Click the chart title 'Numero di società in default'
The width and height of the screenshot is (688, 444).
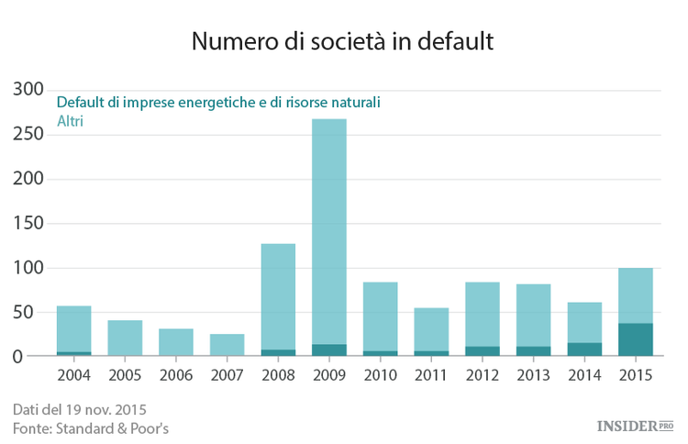tap(343, 42)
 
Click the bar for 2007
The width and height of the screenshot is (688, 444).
tap(227, 345)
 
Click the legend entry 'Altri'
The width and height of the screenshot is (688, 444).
tap(70, 120)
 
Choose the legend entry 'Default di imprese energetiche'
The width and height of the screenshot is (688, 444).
tap(218, 102)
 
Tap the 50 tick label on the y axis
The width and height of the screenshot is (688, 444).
tap(33, 312)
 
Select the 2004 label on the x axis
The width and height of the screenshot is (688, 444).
tap(74, 376)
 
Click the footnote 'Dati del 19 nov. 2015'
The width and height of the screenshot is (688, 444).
tap(80, 408)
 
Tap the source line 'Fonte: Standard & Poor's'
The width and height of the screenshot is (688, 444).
tap(91, 428)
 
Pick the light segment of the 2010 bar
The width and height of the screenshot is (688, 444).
tap(379, 316)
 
